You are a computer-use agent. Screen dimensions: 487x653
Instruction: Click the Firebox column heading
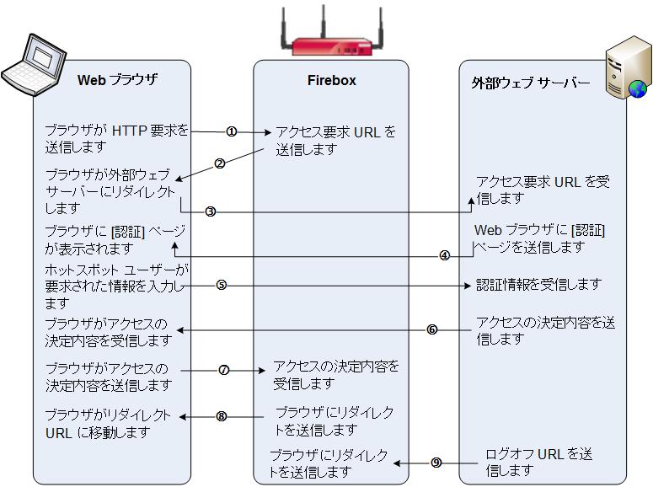pos(331,81)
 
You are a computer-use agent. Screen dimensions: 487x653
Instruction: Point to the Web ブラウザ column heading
pos(117,81)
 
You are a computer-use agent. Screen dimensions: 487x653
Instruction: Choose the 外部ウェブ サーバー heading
pos(530,83)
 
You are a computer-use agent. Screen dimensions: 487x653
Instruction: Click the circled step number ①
pos(232,131)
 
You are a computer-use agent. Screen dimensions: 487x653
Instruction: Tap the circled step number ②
pos(220,164)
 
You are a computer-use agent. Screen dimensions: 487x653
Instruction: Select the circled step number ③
pos(211,212)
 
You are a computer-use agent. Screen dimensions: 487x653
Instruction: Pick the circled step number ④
pos(444,255)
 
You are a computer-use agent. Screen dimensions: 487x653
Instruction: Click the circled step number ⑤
pos(221,285)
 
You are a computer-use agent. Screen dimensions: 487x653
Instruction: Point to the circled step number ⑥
pos(431,329)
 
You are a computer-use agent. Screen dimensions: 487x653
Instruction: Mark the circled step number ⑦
pos(224,370)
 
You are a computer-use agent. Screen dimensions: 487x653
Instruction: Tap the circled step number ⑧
pos(222,415)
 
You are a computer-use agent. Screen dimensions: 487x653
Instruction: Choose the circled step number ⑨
pos(436,462)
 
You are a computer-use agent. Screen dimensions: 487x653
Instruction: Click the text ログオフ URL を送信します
pos(539,462)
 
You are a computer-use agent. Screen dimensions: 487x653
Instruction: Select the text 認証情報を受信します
pos(539,285)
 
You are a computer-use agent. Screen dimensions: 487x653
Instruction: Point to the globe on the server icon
pos(637,87)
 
